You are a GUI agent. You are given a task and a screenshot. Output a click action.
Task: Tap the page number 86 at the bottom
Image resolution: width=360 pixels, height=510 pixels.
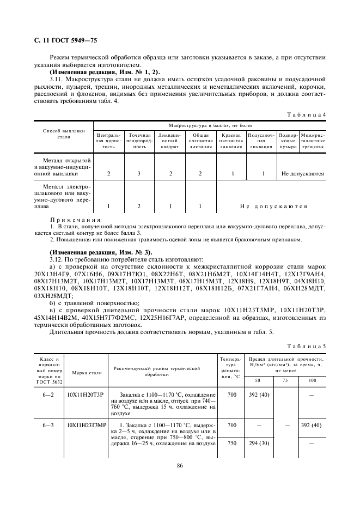(180, 465)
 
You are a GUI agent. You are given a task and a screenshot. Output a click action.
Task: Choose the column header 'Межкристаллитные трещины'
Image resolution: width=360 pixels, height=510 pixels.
(313, 141)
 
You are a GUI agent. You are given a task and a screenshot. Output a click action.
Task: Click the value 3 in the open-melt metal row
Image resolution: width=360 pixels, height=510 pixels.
(139, 174)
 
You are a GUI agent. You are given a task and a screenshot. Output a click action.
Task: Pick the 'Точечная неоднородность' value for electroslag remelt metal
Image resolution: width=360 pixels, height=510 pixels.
(139, 207)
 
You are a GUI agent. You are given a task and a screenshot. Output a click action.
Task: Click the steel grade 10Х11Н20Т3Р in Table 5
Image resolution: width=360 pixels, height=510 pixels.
(84, 394)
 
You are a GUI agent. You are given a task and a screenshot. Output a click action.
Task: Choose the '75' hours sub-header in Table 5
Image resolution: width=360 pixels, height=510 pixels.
(285, 379)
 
